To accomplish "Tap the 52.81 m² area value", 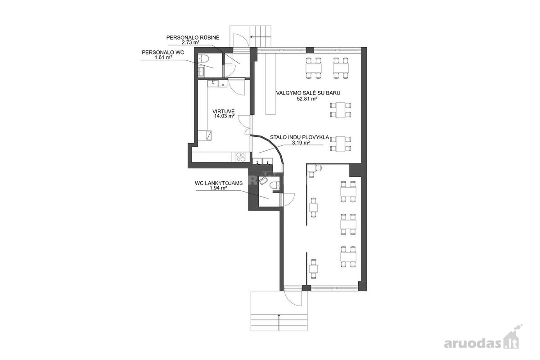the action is (x=307, y=99).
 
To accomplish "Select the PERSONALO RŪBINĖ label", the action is (x=193, y=38).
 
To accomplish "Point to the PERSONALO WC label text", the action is (x=163, y=52).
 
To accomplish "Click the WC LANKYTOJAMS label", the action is (x=219, y=183).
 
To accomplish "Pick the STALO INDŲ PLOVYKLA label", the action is (x=299, y=137).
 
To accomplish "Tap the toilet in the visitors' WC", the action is (x=274, y=185).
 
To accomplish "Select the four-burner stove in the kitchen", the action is (x=72, y=157).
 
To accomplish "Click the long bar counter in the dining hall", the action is (x=271, y=84).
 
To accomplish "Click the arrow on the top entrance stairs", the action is (x=261, y=37).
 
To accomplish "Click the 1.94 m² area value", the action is (x=218, y=188).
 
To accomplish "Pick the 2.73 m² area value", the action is (x=190, y=42).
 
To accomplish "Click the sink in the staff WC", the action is (x=201, y=71).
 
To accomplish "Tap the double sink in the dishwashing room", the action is (x=262, y=161).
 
